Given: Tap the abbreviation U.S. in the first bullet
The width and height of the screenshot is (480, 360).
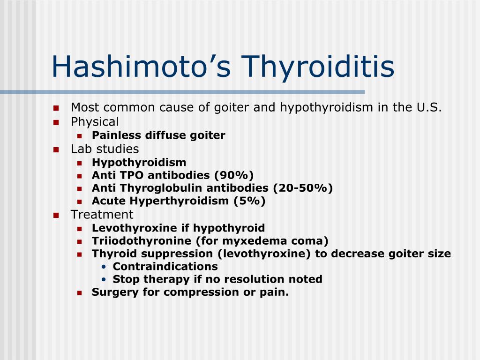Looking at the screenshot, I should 428,107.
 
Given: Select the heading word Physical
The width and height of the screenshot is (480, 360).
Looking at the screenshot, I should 95,122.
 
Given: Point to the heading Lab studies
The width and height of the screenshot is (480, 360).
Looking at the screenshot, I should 105,149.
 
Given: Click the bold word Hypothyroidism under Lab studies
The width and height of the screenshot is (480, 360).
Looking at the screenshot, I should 139,163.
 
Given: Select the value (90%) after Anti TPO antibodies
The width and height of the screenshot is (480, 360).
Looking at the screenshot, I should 234,175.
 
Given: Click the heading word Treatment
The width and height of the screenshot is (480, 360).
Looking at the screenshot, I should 102,215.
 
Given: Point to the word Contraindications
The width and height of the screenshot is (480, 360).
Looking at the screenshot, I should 165,266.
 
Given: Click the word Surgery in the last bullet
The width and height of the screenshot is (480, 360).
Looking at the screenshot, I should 110,292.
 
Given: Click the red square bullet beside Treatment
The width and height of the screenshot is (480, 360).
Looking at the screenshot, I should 56,215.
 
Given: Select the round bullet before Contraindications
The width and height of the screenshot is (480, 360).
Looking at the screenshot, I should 104,267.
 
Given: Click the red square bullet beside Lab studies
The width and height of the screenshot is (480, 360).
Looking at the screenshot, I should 56,150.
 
